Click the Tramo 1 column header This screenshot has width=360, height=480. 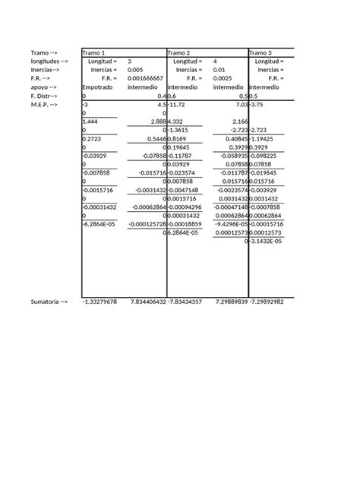(93, 52)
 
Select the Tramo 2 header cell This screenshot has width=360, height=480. (179, 52)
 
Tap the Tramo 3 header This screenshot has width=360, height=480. (263, 52)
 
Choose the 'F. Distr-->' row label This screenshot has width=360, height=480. (45, 96)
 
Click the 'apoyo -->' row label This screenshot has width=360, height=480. (45, 87)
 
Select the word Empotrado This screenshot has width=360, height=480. (97, 87)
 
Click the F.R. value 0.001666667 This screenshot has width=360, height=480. (145, 78)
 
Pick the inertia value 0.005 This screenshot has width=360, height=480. (134, 70)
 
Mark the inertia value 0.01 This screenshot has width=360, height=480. (219, 70)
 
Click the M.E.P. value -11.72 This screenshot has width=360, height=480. (178, 105)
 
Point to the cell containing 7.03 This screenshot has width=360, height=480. (241, 105)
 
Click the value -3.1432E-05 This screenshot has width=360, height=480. (267, 242)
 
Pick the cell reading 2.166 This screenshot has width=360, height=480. (239, 122)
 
